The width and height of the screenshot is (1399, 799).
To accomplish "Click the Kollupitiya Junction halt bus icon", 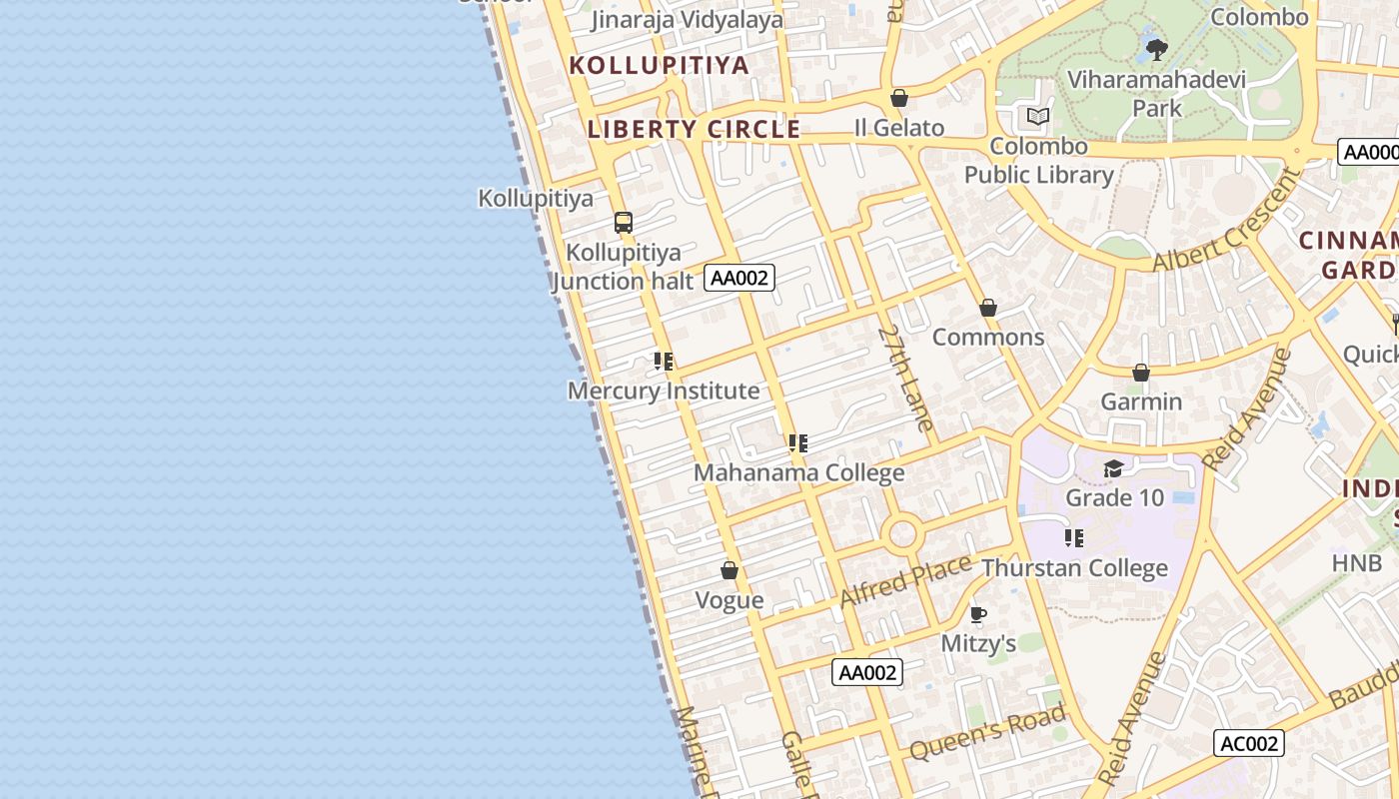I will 624,222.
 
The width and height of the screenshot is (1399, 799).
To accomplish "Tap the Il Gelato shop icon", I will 899,98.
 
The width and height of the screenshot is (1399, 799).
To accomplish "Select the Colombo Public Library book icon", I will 1038,117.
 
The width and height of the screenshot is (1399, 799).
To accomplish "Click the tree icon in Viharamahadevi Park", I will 1156,48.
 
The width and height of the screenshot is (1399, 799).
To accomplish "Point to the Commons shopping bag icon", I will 988,308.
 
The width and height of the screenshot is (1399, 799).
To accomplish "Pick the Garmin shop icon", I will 1141,373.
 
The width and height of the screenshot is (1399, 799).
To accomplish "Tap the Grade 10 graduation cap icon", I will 1114,468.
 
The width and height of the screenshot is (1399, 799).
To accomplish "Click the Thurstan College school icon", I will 1074,538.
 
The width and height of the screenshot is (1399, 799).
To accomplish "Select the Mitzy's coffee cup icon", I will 978,614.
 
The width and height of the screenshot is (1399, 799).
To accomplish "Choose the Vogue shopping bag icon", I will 729,570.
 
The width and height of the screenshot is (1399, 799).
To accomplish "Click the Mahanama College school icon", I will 797,442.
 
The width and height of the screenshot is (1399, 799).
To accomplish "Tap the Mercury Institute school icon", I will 663,361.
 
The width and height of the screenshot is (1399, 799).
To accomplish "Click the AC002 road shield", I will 1248,743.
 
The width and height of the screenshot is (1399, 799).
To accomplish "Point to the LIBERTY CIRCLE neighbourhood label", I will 694,129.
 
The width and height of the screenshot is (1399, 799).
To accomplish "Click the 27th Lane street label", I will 906,378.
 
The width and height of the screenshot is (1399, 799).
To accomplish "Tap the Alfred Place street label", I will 905,580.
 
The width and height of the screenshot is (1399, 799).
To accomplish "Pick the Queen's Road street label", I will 988,731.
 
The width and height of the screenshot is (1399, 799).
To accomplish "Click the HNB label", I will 1357,562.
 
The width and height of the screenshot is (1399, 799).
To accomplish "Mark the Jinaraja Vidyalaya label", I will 688,19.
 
